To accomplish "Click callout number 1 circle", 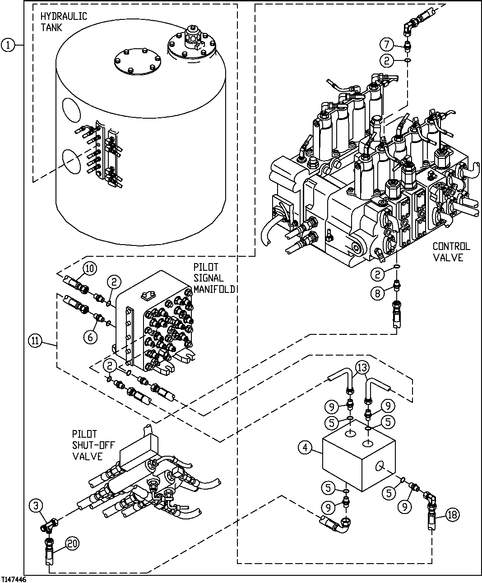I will pos(8,45).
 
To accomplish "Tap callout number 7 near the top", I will pos(386,44).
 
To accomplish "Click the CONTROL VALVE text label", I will pos(450,252).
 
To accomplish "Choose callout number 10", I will pos(89,268).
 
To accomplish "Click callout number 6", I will pos(90,336).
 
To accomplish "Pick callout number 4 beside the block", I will pos(306,448).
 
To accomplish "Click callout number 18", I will pos(453,514).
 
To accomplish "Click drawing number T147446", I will pos(14,579).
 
